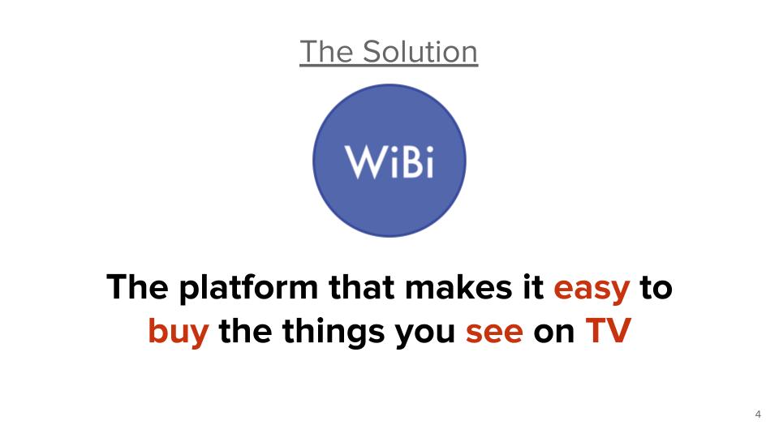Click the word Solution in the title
click(x=420, y=51)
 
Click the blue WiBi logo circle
click(x=389, y=161)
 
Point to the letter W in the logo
click(x=365, y=162)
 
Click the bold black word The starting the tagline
click(x=138, y=287)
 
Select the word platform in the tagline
click(x=248, y=288)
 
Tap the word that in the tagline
click(x=362, y=287)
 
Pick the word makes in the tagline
click(x=458, y=287)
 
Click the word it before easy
click(x=533, y=287)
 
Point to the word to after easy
click(x=656, y=288)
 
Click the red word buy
click(x=179, y=332)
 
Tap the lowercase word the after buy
click(x=245, y=331)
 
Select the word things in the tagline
click(x=334, y=332)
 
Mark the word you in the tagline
click(x=425, y=333)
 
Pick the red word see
click(x=494, y=333)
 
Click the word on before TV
click(x=554, y=333)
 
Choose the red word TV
click(x=608, y=331)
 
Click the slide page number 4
click(x=758, y=414)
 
